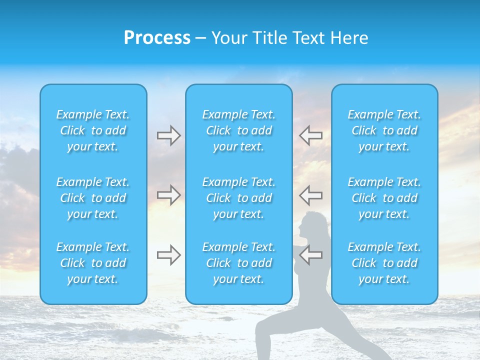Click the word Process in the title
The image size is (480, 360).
(157, 38)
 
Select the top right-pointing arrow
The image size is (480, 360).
(168, 135)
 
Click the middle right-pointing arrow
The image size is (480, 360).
(168, 195)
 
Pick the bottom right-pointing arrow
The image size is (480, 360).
(168, 255)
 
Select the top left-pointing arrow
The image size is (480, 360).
(311, 135)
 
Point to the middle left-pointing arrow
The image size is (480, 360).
(311, 195)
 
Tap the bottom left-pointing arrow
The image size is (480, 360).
(311, 255)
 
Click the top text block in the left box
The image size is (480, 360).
(93, 130)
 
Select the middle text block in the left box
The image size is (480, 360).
(93, 198)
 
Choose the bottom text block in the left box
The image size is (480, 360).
(93, 263)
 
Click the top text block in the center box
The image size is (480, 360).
(239, 130)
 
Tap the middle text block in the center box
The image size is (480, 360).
(239, 198)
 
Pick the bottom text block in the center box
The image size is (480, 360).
(239, 263)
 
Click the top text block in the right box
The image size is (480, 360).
(384, 130)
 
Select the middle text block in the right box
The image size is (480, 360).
(384, 198)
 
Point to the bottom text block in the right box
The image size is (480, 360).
(384, 263)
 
